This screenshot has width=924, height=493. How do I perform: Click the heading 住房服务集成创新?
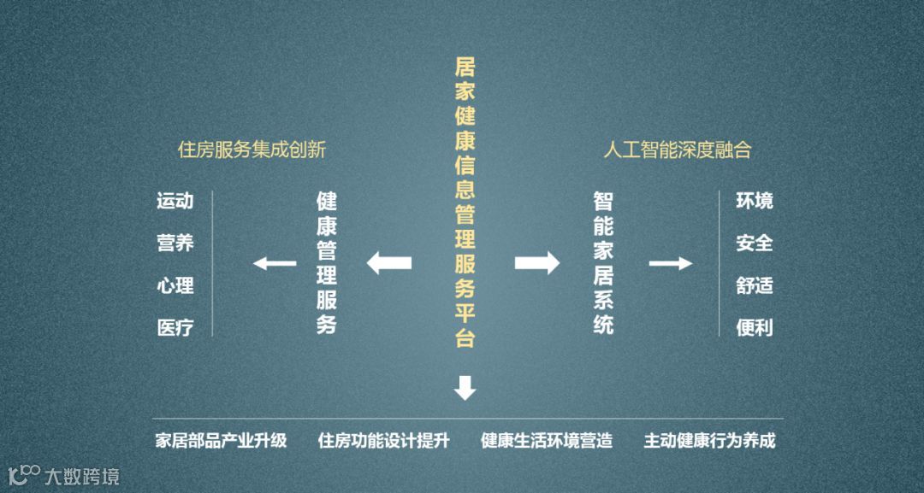coord(252,150)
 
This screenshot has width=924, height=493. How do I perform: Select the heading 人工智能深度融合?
coord(677,150)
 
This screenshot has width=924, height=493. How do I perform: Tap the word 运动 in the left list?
coord(175,202)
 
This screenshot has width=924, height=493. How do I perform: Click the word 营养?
coord(175,244)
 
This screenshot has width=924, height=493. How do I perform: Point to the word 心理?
coord(175,285)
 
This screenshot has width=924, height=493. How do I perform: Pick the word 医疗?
coord(175,327)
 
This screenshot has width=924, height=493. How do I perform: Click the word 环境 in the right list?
coord(754,202)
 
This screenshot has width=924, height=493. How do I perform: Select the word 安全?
coord(754,244)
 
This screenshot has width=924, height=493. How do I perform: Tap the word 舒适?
coord(754,285)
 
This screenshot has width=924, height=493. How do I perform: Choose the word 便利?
coord(754,327)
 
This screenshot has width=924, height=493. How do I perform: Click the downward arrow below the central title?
coord(465,388)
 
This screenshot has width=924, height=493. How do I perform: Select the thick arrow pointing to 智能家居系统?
coord(536,262)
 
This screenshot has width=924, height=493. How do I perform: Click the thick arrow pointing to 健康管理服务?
coord(389,262)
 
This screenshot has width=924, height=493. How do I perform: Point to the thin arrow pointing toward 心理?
coord(274,263)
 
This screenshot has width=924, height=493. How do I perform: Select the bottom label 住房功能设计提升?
coord(383,442)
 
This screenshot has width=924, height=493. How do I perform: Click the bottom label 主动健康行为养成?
coord(709,442)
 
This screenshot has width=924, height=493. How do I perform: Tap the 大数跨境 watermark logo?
coord(63,474)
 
